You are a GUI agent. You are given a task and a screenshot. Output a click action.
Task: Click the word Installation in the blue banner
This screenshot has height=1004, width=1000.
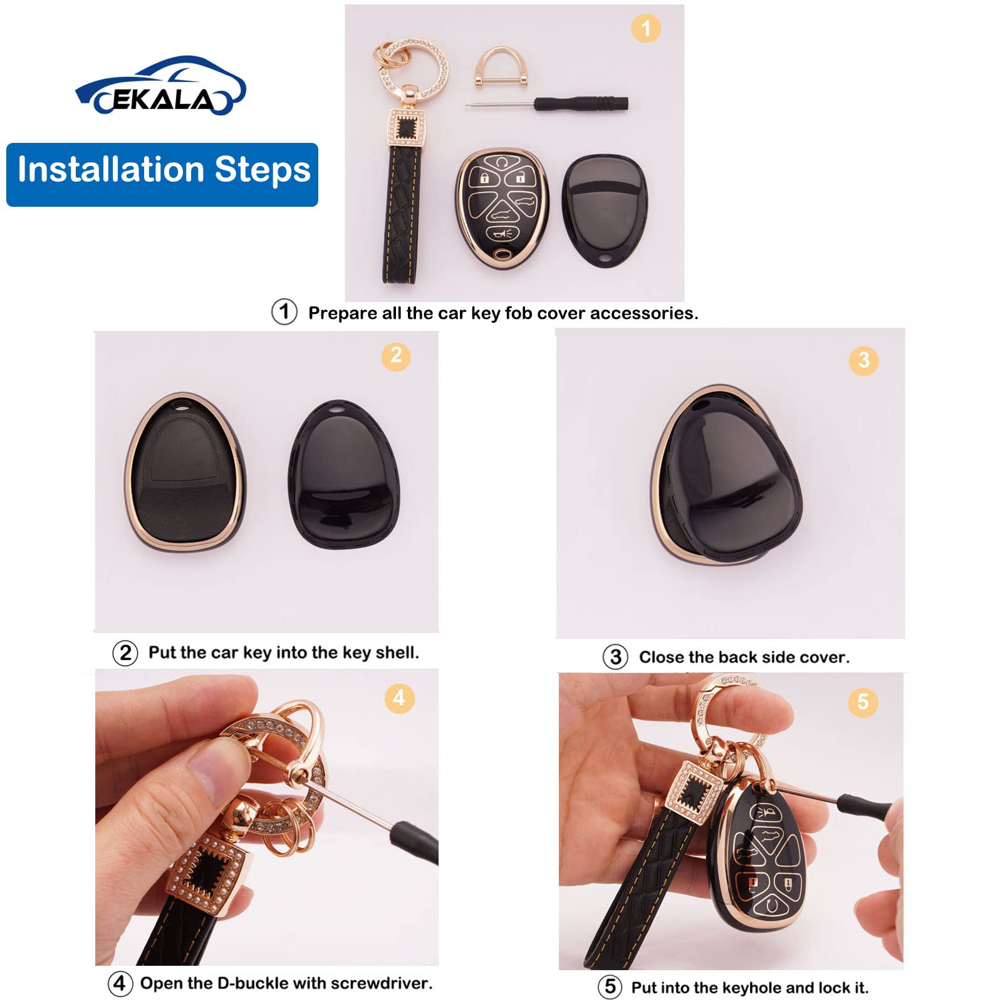pyautogui.click(x=112, y=170)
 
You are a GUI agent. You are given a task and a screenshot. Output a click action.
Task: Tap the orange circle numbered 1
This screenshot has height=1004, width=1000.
pyautogui.click(x=645, y=28)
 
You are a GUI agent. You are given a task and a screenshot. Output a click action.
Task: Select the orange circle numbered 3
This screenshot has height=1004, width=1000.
pyautogui.click(x=863, y=360)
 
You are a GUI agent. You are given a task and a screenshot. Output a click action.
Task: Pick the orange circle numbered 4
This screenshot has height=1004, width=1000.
pyautogui.click(x=398, y=698)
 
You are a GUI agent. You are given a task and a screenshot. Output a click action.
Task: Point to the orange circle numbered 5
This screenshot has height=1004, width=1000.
pyautogui.click(x=863, y=702)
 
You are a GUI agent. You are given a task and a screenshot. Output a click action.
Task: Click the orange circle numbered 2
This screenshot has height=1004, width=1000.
pyautogui.click(x=396, y=356)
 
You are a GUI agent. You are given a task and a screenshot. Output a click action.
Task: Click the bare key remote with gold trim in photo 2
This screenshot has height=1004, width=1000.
pyautogui.click(x=185, y=474)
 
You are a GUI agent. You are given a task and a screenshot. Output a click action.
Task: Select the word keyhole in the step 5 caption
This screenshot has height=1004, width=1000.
pyautogui.click(x=751, y=988)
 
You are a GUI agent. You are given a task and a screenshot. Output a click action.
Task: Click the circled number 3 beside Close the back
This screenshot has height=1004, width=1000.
pyautogui.click(x=615, y=657)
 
